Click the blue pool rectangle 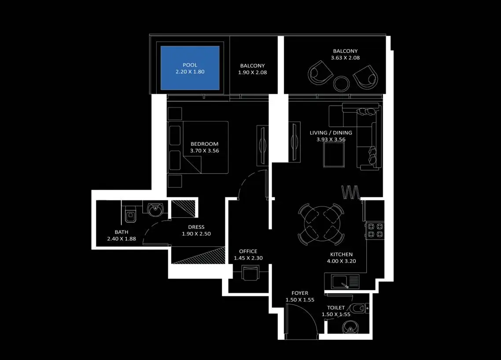pyautogui.click(x=190, y=68)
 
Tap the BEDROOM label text pyautogui.click(x=204, y=144)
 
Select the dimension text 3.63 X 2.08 pyautogui.click(x=345, y=58)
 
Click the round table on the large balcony pyautogui.click(x=341, y=84)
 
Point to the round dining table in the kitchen pyautogui.click(x=321, y=224)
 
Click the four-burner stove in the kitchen pyautogui.click(x=375, y=230)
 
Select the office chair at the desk pyautogui.click(x=250, y=273)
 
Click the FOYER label pyautogui.click(x=300, y=293)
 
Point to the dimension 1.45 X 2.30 pyautogui.click(x=248, y=258)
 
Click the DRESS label pyautogui.click(x=196, y=227)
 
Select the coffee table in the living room pyautogui.click(x=334, y=155)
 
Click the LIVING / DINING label pyautogui.click(x=331, y=132)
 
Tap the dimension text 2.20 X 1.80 pyautogui.click(x=190, y=72)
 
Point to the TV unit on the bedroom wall pyautogui.click(x=263, y=145)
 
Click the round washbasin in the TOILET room pyautogui.click(x=350, y=328)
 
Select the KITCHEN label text pyautogui.click(x=341, y=254)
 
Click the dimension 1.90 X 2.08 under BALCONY pyautogui.click(x=252, y=73)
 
